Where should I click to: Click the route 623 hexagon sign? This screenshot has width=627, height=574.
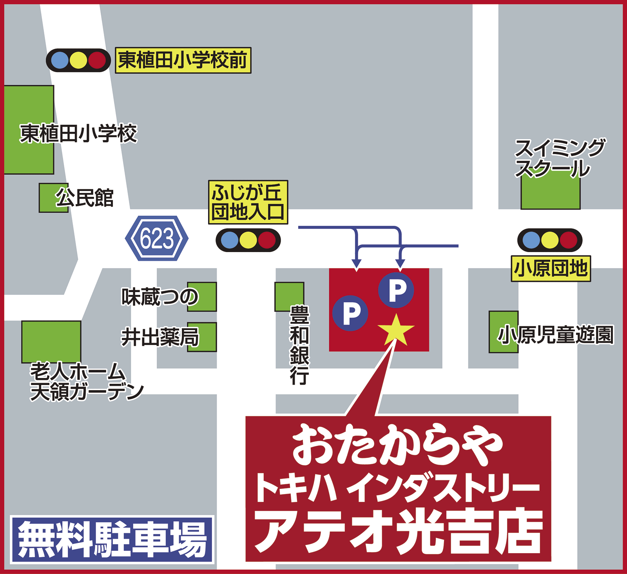pyautogui.click(x=157, y=238)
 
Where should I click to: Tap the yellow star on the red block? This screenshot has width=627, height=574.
pyautogui.click(x=396, y=330)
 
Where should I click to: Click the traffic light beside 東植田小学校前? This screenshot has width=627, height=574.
pyautogui.click(x=78, y=60)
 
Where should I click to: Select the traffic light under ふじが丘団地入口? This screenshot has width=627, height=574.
pyautogui.click(x=248, y=240)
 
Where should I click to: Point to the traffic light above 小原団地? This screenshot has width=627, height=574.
pyautogui.click(x=550, y=240)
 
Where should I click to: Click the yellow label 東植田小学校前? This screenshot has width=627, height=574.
pyautogui.click(x=183, y=60)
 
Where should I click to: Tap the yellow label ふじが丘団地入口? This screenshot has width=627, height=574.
pyautogui.click(x=248, y=202)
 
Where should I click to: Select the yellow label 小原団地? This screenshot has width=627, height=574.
pyautogui.click(x=551, y=269)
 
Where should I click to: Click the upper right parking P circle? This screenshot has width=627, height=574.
pyautogui.click(x=396, y=290)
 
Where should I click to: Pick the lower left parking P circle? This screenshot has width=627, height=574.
pyautogui.click(x=350, y=313)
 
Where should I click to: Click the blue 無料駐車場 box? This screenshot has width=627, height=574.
pyautogui.click(x=112, y=539)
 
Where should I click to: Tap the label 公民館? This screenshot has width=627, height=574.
pyautogui.click(x=85, y=198)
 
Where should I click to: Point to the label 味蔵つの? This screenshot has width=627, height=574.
pyautogui.click(x=160, y=297)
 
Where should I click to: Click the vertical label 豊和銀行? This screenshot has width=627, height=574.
pyautogui.click(x=299, y=345)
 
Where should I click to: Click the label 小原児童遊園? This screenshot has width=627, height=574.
pyautogui.click(x=555, y=335)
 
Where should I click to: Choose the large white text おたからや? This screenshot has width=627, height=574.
pyautogui.click(x=397, y=445)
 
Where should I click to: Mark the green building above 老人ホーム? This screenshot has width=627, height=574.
pyautogui.click(x=51, y=341)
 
